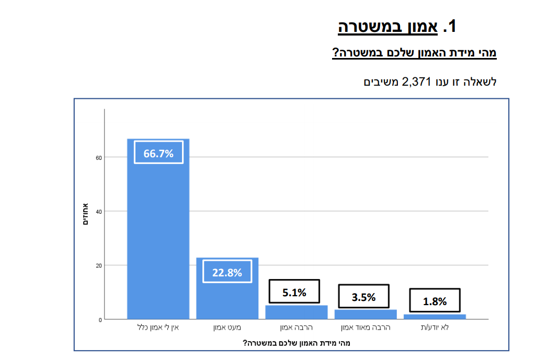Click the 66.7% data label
tap(158, 154)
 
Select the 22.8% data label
tap(227, 272)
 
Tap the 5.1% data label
tap(294, 292)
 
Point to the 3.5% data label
tap(363, 297)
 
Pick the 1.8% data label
tap(435, 301)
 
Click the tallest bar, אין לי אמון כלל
tap(158, 235)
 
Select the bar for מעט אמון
tap(227, 298)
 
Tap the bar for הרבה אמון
tap(297, 312)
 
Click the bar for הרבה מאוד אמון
tap(366, 314)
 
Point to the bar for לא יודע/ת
tap(435, 316)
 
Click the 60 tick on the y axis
tap(98, 157)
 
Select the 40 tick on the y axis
tap(98, 212)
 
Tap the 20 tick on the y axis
tap(98, 265)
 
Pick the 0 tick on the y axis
tap(99, 319)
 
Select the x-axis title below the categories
tap(296, 343)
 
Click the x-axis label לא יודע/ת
tap(435, 328)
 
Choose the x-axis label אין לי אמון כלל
tap(158, 328)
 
